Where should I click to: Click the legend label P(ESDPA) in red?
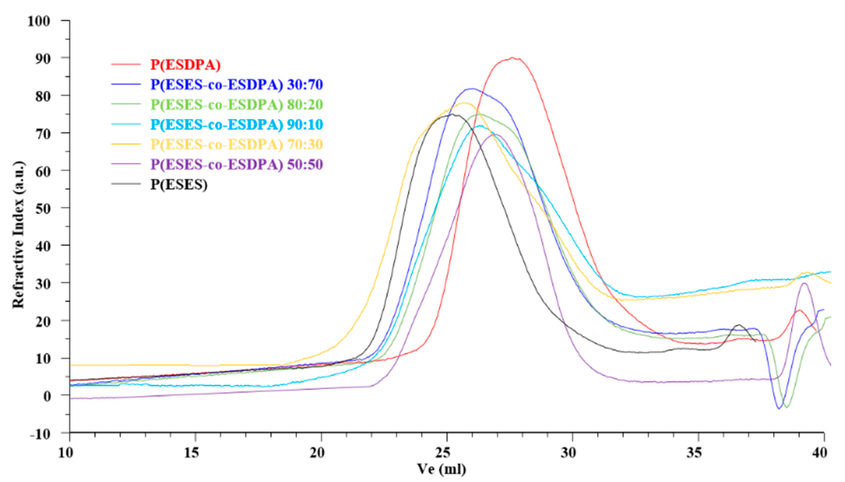pyautogui.click(x=186, y=65)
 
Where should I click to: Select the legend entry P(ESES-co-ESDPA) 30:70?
pyautogui.click(x=237, y=85)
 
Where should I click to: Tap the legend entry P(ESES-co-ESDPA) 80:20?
pyautogui.click(x=237, y=105)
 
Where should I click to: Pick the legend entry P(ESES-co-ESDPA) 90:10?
pyautogui.click(x=237, y=125)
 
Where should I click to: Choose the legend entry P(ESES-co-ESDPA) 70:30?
pyautogui.click(x=237, y=144)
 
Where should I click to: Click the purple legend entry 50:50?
pyautogui.click(x=237, y=165)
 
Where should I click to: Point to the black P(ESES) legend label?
pyautogui.click(x=179, y=184)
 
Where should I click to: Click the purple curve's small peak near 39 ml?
pyautogui.click(x=804, y=283)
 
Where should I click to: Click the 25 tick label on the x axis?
pyautogui.click(x=446, y=453)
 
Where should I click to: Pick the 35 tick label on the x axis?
pyautogui.click(x=698, y=453)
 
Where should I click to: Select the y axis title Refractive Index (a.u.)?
pyautogui.click(x=19, y=235)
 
